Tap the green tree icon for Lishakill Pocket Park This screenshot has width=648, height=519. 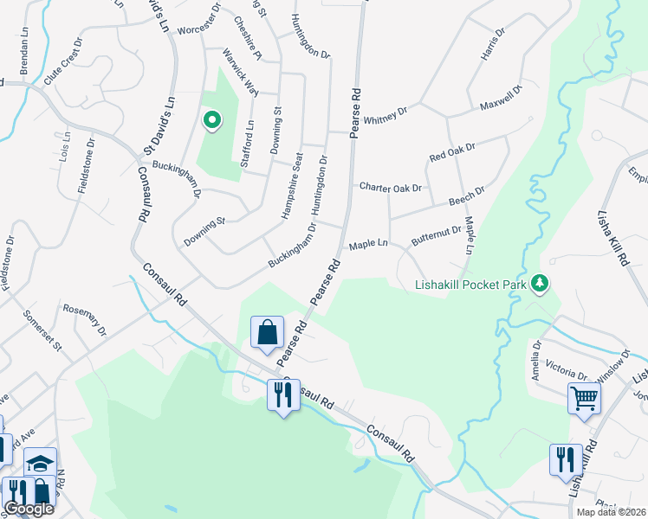(x=541, y=284)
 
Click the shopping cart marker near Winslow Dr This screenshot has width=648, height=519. (x=584, y=399)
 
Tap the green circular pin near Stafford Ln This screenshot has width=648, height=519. (x=211, y=120)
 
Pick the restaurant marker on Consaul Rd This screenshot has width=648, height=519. (x=283, y=395)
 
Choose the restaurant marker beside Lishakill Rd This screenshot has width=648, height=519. (x=566, y=459)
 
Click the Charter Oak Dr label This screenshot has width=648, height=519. (x=390, y=187)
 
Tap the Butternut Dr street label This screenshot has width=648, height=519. (x=437, y=235)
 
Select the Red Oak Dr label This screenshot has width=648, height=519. (x=452, y=153)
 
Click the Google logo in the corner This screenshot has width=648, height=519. (x=29, y=509)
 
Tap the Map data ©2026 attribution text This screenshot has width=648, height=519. (x=611, y=512)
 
